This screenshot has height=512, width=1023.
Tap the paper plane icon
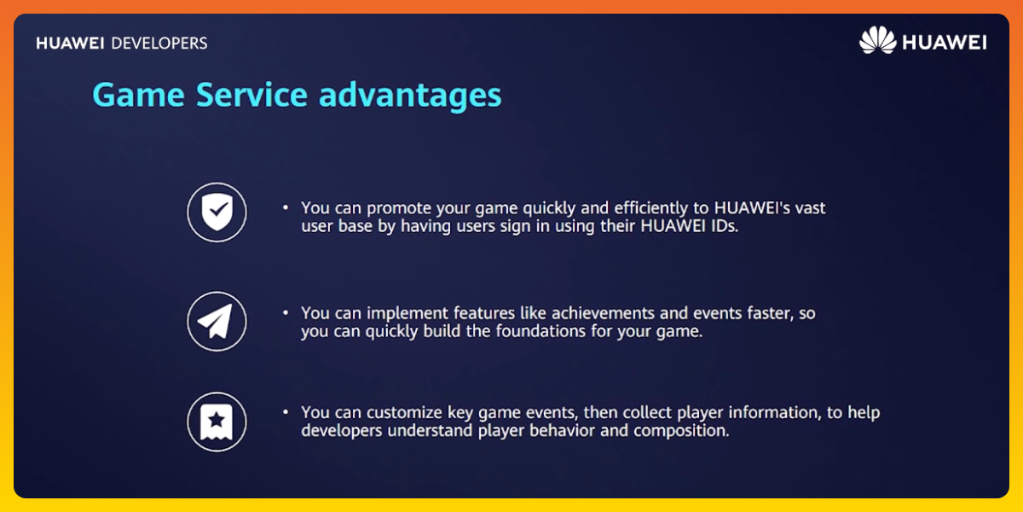click(x=217, y=321)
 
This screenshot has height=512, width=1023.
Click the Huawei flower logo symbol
click(x=877, y=41)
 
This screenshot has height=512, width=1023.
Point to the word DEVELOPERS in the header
click(x=159, y=43)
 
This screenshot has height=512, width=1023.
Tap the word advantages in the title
click(x=410, y=95)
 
